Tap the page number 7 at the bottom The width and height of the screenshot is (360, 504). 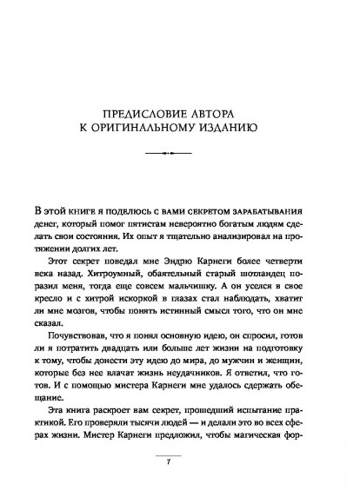point(180,485)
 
